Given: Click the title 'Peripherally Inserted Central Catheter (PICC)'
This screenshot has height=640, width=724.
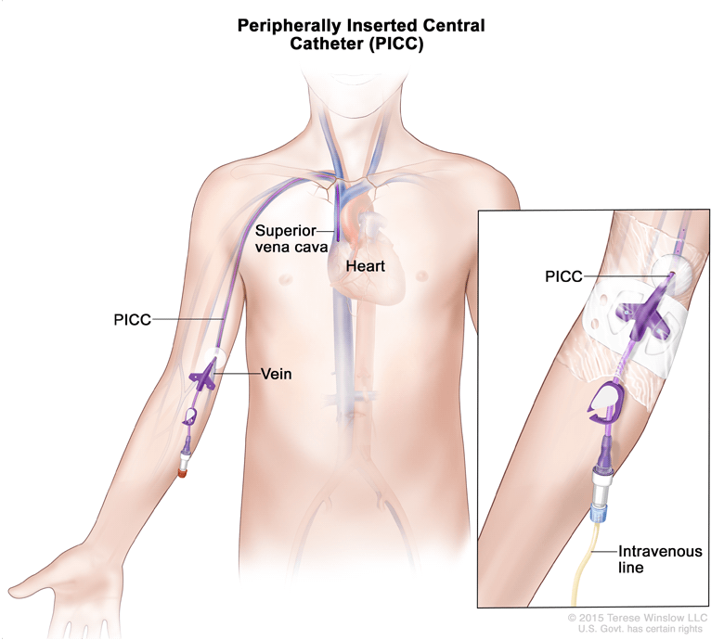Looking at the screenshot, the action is pyautogui.click(x=361, y=34).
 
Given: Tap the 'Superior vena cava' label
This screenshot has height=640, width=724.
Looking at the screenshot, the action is pyautogui.click(x=291, y=238).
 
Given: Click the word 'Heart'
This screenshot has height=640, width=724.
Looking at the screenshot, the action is pyautogui.click(x=365, y=266).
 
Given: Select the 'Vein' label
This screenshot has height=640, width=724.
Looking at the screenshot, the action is pyautogui.click(x=276, y=373).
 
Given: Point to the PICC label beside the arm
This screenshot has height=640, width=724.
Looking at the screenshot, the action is pyautogui.click(x=133, y=319).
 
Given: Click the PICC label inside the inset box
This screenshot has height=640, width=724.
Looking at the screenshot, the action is pyautogui.click(x=563, y=276).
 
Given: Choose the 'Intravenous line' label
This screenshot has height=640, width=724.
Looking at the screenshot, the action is pyautogui.click(x=660, y=558).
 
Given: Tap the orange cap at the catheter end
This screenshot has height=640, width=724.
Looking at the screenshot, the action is pyautogui.click(x=183, y=473).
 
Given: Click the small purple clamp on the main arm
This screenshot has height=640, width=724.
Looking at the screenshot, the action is pyautogui.click(x=189, y=416).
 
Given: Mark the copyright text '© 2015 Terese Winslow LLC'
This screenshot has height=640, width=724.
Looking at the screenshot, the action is pyautogui.click(x=637, y=618).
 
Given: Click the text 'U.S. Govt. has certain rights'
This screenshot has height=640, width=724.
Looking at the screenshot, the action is pyautogui.click(x=640, y=629).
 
